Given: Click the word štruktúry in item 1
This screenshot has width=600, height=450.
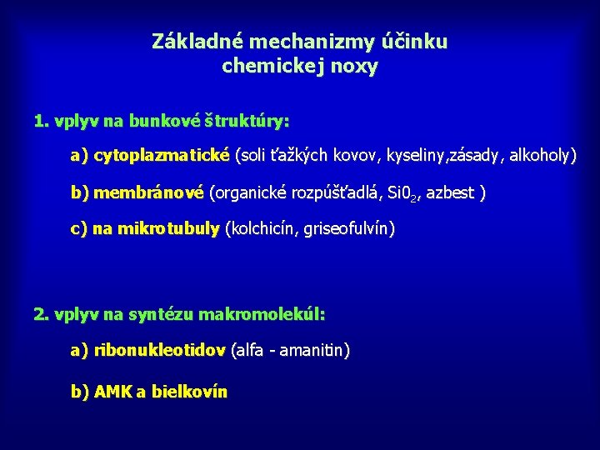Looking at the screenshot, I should pos(247,122).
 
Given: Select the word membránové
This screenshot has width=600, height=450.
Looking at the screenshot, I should pos(148,193).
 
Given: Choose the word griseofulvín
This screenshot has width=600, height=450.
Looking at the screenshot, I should pos(350,228).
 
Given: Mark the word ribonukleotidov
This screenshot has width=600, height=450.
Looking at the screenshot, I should pos(160,351).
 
